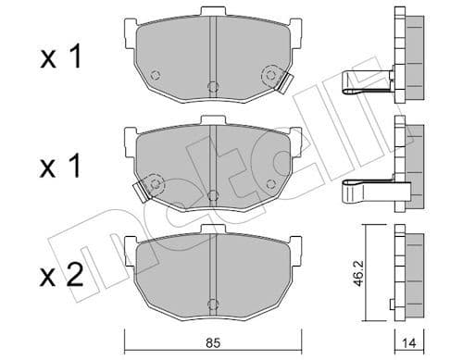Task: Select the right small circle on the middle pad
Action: [270, 182]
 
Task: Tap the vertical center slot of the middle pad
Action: [213, 157]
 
